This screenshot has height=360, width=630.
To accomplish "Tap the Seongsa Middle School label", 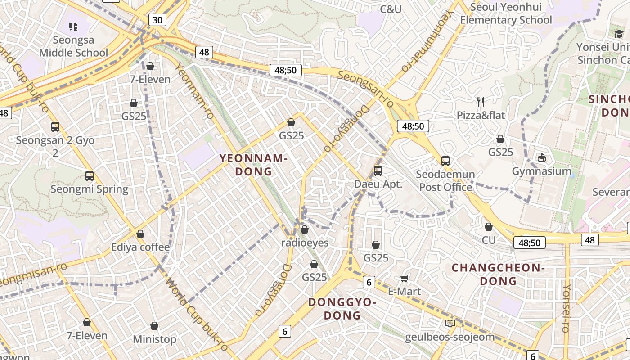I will [73, 46].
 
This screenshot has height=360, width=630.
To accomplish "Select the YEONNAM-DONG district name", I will [253, 165].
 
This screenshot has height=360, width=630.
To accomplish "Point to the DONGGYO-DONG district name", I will [342, 309].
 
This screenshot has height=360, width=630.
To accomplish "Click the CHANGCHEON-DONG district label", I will [498, 274].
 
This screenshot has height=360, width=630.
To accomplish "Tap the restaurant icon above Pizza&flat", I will [481, 102].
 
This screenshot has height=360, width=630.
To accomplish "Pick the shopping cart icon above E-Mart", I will [404, 278].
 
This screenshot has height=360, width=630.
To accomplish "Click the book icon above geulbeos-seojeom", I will [450, 323].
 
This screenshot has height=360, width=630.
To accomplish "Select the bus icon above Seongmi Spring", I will [90, 176].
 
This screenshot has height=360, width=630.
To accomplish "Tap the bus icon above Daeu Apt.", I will [378, 171].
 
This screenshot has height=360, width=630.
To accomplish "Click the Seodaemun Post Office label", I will [445, 180].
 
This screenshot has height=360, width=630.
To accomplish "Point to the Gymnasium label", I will [542, 171].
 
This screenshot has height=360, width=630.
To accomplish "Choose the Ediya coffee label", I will [140, 247].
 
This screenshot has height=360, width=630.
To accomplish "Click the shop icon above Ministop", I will [154, 326].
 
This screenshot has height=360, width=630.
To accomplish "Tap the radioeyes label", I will [305, 243].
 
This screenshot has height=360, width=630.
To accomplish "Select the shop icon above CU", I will [489, 227].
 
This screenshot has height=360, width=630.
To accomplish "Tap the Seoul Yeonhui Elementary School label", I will [505, 13].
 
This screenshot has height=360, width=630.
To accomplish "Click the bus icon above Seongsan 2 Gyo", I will [55, 127].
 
